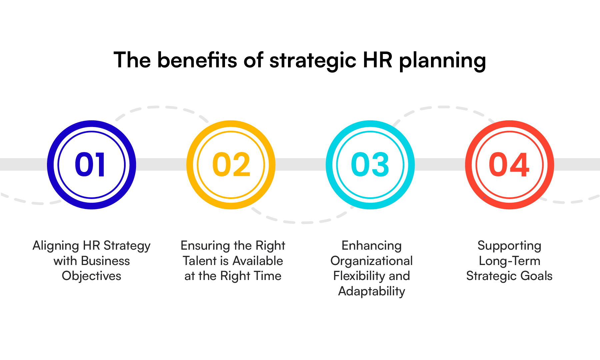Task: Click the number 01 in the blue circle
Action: click(90, 165)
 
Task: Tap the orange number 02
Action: click(231, 165)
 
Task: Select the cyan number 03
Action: click(370, 165)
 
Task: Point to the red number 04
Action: click(509, 165)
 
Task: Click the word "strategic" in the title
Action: click(313, 60)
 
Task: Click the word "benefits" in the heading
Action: click(197, 60)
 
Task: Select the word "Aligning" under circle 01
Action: click(56, 246)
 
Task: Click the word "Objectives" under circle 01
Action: click(91, 276)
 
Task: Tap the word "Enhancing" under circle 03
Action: click(371, 246)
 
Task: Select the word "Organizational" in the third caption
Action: click(371, 261)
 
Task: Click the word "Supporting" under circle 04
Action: click(509, 246)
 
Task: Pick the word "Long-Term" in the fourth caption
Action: click(509, 261)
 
